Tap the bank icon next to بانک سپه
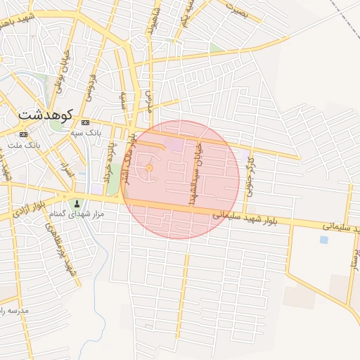pos(86,122)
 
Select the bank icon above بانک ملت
pos(24,134)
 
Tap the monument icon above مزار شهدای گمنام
pos(77,203)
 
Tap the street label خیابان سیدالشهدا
pos(194,172)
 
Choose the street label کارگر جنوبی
pos(250,169)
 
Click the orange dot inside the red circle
pos(149,168)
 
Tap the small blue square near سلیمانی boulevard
pos(323,240)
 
